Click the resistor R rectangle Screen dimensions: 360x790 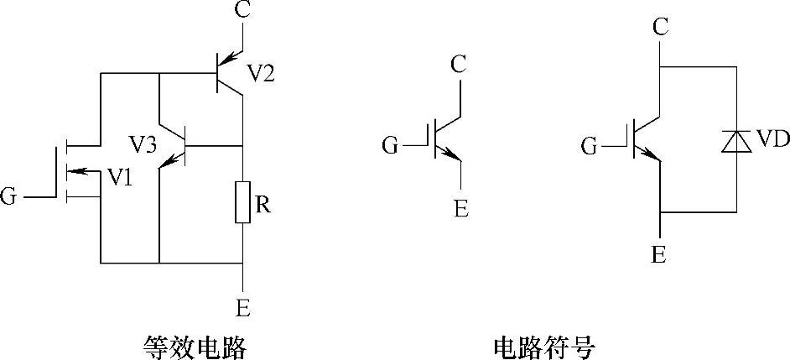[242, 201]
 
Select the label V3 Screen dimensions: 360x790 [143, 144]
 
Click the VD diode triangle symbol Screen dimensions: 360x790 [735, 141]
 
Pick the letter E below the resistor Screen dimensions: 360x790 [243, 308]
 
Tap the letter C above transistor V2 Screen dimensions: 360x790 [243, 11]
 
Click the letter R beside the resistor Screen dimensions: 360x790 [262, 205]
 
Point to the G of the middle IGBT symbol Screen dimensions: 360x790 [391, 147]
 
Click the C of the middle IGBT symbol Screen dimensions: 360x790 [459, 64]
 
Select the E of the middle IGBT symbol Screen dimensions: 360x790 [461, 208]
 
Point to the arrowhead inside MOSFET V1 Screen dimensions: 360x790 [75, 173]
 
